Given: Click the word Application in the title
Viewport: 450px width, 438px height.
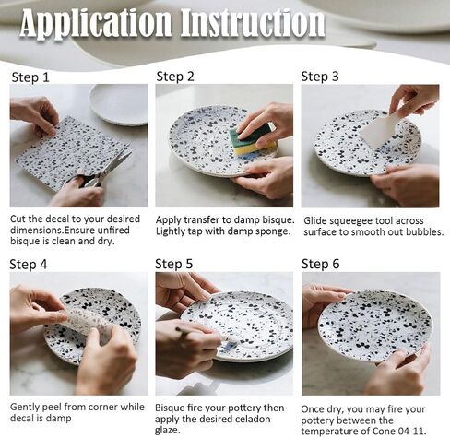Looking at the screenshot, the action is (x=96, y=24).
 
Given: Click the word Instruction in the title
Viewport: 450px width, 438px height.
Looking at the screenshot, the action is (x=253, y=22).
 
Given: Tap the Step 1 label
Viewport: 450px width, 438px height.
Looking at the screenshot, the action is (x=30, y=77).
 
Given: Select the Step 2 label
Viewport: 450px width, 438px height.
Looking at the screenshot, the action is (x=175, y=77).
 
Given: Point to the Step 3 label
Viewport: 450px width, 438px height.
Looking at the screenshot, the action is (x=320, y=77).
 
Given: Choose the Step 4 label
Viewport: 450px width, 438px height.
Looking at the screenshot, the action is (x=29, y=265).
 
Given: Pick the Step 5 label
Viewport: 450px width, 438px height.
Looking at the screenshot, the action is (x=174, y=264).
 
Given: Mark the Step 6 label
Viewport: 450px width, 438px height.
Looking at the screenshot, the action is (x=321, y=264).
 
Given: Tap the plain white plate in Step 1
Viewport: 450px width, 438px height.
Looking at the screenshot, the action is (x=119, y=104).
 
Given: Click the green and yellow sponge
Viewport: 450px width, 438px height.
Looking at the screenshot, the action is (x=252, y=138).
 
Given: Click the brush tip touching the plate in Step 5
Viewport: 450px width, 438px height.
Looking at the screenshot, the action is (x=228, y=339).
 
